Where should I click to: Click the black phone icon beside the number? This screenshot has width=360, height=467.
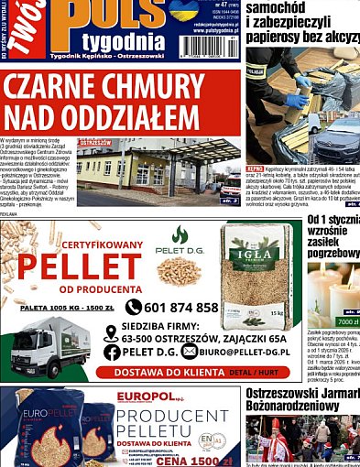(134, 308)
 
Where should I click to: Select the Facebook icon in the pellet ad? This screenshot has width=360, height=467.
(112, 352)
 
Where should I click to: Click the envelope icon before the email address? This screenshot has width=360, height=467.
(190, 352)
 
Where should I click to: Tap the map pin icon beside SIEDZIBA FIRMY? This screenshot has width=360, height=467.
(112, 333)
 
